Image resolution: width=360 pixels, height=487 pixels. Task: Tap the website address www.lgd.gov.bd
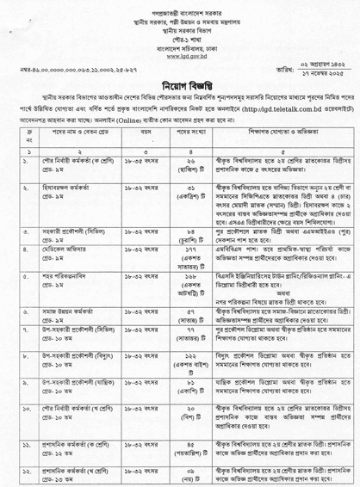(180, 52)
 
